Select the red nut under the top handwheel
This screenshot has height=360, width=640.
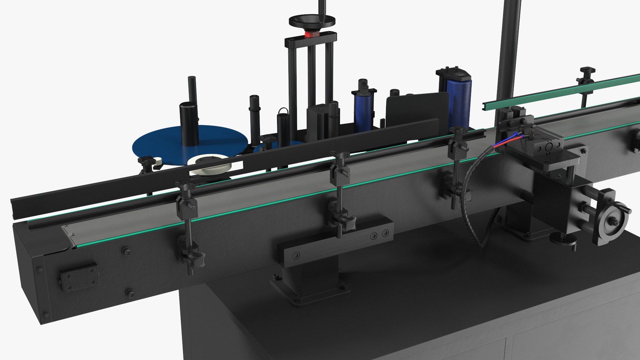point(312,34)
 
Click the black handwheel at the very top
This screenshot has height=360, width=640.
point(312,22)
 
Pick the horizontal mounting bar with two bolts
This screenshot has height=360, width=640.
point(333,239)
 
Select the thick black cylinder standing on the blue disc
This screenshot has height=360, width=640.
point(189,123)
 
